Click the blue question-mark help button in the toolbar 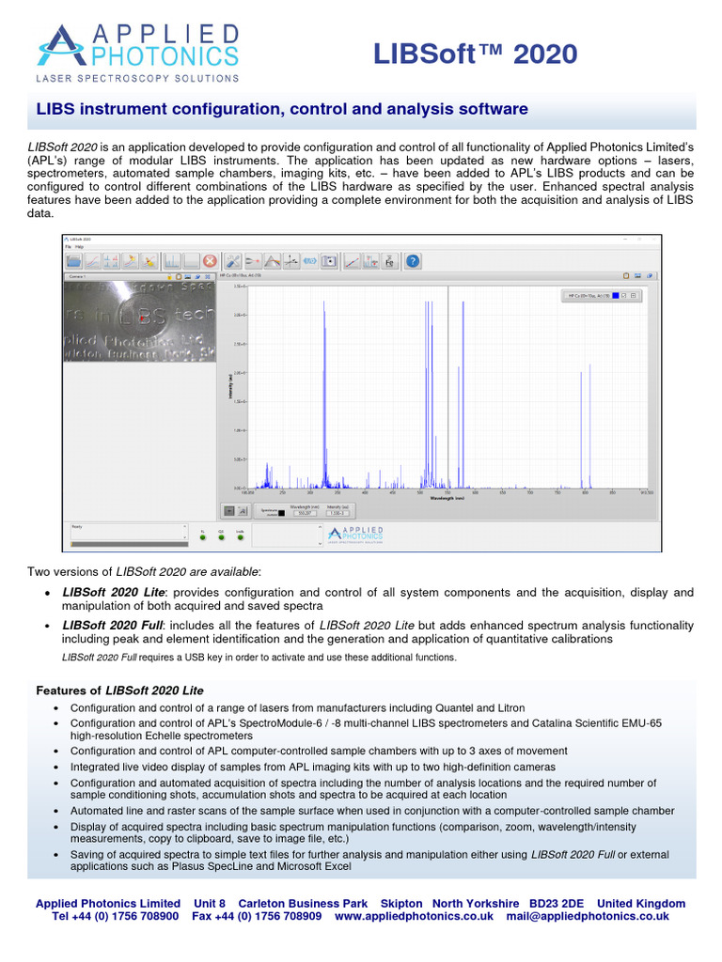pyautogui.click(x=412, y=262)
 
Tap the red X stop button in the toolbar pyautogui.click(x=210, y=262)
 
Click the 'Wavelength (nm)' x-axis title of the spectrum pyautogui.click(x=447, y=499)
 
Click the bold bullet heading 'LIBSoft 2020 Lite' pyautogui.click(x=113, y=592)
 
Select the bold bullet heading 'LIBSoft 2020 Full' pyautogui.click(x=113, y=625)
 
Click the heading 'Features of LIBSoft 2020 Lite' pyautogui.click(x=119, y=690)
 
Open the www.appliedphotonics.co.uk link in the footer pyautogui.click(x=415, y=916)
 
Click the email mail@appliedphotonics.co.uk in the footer pyautogui.click(x=588, y=916)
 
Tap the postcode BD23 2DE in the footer pyautogui.click(x=559, y=903)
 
